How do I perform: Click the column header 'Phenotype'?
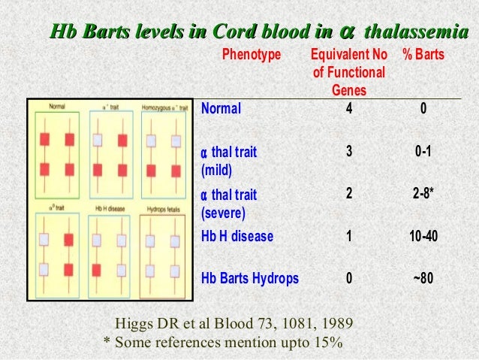pyautogui.click(x=251, y=56)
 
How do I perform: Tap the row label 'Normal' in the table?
pyautogui.click(x=221, y=108)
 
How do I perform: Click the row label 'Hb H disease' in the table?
pyautogui.click(x=237, y=236)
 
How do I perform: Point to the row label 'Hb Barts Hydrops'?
pyautogui.click(x=249, y=278)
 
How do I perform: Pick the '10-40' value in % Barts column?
pyautogui.click(x=423, y=236)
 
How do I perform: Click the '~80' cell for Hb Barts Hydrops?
pyautogui.click(x=423, y=278)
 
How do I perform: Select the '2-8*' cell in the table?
pyautogui.click(x=423, y=194)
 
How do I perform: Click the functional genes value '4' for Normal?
pyautogui.click(x=348, y=108)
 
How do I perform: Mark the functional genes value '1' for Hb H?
pyautogui.click(x=348, y=236)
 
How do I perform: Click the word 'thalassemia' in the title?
pyautogui.click(x=413, y=32)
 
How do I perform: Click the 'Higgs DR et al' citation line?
pyautogui.click(x=233, y=324)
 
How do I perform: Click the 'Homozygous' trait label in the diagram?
pyautogui.click(x=161, y=107)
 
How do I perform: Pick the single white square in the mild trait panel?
pyautogui.click(x=98, y=139)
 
